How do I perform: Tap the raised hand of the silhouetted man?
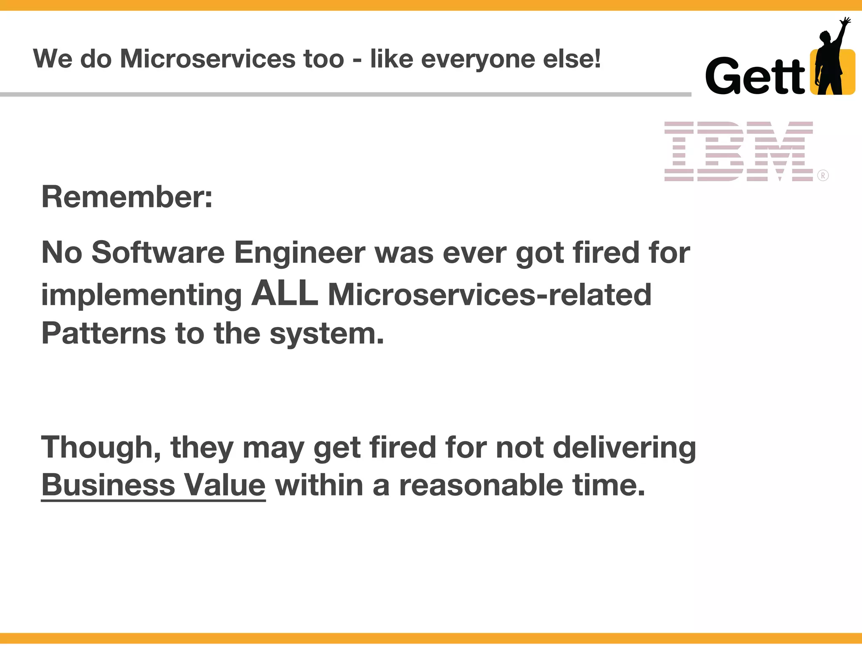(845, 21)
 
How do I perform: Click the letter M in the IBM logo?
(780, 151)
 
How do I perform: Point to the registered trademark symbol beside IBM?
(823, 175)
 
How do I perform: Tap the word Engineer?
(300, 253)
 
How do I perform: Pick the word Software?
(158, 253)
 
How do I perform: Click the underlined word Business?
(108, 485)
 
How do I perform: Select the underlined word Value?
(225, 485)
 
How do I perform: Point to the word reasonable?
(481, 485)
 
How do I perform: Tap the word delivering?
(624, 447)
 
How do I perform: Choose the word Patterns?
(104, 333)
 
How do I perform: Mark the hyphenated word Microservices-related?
(490, 294)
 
